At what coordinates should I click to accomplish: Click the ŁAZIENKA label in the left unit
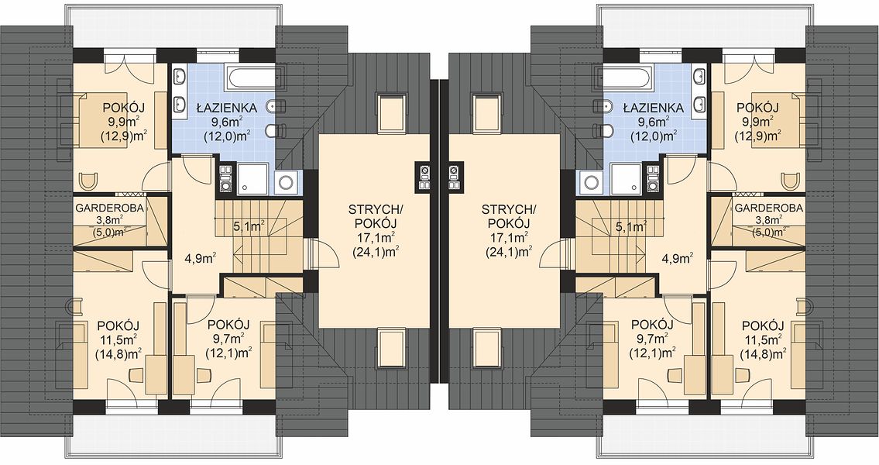pyautogui.click(x=226, y=108)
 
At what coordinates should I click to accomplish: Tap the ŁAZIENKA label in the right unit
pyautogui.click(x=653, y=108)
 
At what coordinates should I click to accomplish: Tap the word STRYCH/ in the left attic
pyautogui.click(x=375, y=210)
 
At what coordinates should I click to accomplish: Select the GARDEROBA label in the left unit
pyautogui.click(x=110, y=208)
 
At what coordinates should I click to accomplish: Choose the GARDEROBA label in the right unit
pyautogui.click(x=768, y=208)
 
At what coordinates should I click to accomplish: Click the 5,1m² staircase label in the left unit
pyautogui.click(x=249, y=226)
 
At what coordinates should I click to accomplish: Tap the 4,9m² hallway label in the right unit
pyautogui.click(x=677, y=258)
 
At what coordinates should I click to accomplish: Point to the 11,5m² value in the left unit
pyautogui.click(x=118, y=339)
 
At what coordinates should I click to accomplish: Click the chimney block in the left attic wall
pyautogui.click(x=424, y=177)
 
